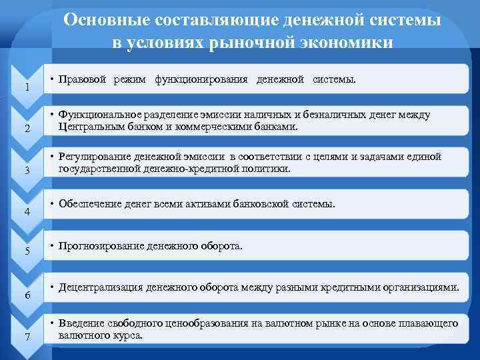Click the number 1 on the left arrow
(26, 87)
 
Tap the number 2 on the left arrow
(26, 129)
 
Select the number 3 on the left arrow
(26, 170)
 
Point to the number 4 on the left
(26, 211)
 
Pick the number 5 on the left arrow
(26, 252)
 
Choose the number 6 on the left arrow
(26, 294)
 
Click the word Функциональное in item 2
(102, 115)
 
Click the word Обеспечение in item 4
(90, 203)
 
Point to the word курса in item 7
(128, 335)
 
